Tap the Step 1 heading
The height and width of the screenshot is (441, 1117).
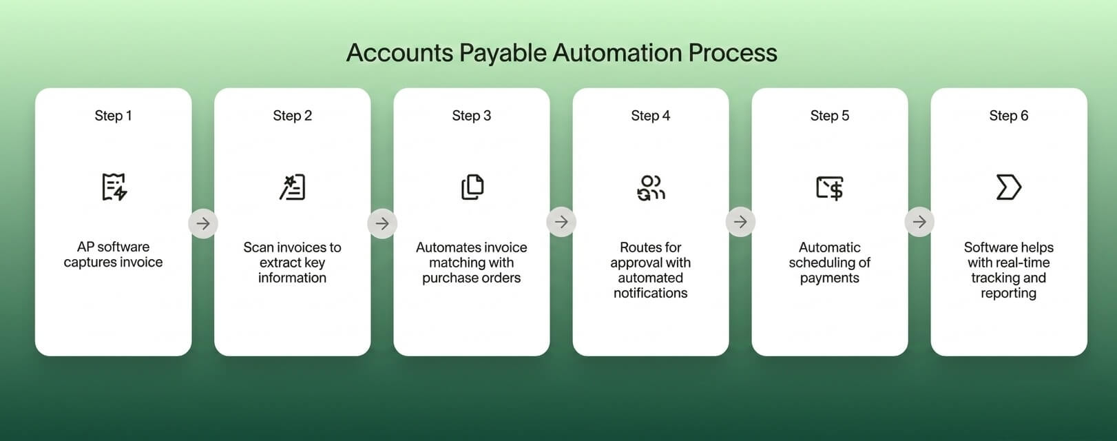[x=113, y=116]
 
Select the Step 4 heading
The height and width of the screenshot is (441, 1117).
[x=650, y=116]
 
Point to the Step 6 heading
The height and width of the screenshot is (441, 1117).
[x=1008, y=116]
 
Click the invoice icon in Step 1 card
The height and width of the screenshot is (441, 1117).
[x=114, y=187]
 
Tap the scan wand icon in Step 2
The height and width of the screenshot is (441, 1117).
[x=293, y=187]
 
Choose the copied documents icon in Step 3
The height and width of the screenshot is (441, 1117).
[x=472, y=187]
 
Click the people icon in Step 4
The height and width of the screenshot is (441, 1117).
[x=651, y=187]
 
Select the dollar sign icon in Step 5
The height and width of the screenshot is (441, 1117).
[x=830, y=187]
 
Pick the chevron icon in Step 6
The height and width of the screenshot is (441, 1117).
[x=1008, y=187]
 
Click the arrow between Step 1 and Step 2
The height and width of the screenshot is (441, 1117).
[x=203, y=223]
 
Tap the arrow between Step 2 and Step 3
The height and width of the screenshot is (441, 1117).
[x=382, y=223]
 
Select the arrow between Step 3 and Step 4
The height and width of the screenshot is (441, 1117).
[x=561, y=222]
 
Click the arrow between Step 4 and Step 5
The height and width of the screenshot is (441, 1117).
[x=740, y=222]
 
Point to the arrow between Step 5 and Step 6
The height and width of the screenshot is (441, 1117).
[x=919, y=222]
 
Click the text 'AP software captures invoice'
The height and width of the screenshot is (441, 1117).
[x=113, y=254]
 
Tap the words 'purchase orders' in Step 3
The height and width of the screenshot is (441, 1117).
[x=471, y=278]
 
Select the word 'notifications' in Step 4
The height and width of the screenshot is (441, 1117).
[x=650, y=293]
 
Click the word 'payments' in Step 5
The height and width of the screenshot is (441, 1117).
[x=829, y=278]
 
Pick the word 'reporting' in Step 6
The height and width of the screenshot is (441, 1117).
[x=1008, y=293]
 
